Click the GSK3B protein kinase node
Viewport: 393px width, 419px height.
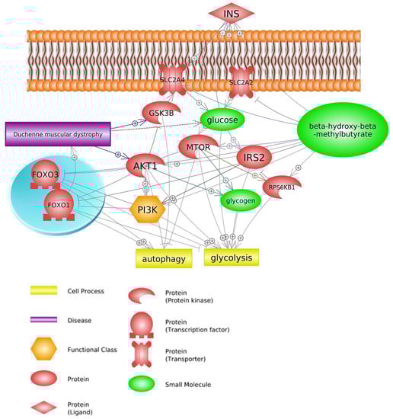(x=161, y=114)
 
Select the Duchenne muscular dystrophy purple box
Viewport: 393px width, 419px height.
(x=58, y=134)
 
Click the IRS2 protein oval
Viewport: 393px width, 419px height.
(x=254, y=158)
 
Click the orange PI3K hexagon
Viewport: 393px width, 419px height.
(x=146, y=208)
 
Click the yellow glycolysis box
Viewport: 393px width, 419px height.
(x=231, y=258)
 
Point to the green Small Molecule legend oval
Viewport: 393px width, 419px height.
(x=144, y=385)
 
